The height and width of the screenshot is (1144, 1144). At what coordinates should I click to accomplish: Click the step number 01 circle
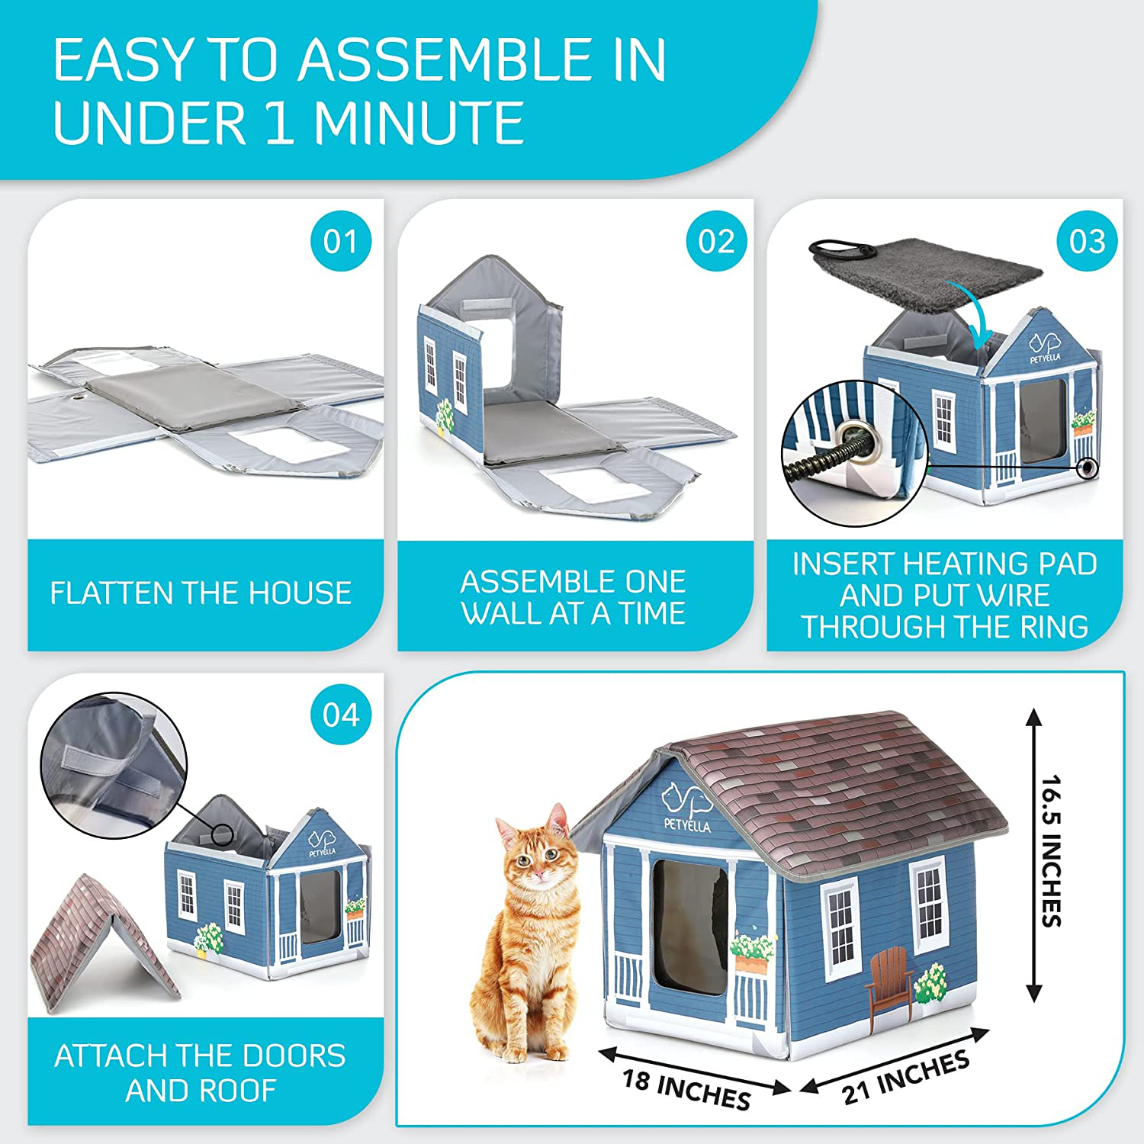tap(341, 241)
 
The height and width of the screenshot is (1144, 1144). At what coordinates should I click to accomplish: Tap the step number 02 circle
tap(716, 241)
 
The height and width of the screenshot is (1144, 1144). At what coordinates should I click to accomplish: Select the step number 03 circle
tap(1087, 241)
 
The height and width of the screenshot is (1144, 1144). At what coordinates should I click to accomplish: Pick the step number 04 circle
tap(341, 715)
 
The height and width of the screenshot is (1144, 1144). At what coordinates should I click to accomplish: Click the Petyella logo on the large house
tap(687, 807)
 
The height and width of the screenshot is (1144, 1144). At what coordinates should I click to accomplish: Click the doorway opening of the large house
tap(690, 926)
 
